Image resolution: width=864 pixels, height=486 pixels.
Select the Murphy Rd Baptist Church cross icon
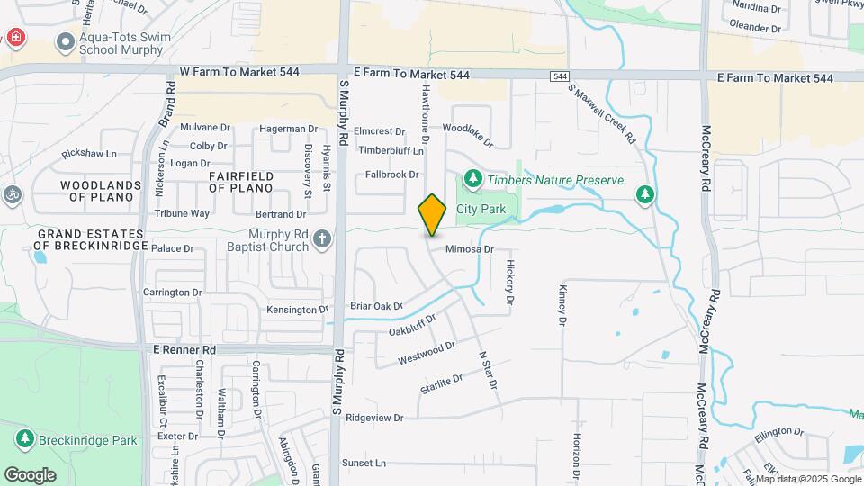tap(323, 238)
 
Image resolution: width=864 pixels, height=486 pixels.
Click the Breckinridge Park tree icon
tap(24, 440)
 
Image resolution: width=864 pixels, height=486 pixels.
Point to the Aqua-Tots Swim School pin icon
tap(65, 41)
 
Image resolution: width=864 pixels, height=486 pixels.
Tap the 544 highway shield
tap(561, 77)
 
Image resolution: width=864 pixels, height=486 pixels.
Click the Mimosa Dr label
tap(469, 248)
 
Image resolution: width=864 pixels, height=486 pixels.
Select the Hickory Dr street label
tap(509, 282)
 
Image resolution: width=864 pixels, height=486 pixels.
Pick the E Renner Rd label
tap(183, 349)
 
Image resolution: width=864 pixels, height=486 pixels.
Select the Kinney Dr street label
tap(562, 306)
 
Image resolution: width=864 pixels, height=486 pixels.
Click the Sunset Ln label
tap(363, 463)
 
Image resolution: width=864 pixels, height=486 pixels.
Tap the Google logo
tap(30, 474)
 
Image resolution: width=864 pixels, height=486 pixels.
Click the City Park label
tap(481, 209)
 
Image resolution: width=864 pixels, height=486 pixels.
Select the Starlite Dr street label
tap(440, 383)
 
